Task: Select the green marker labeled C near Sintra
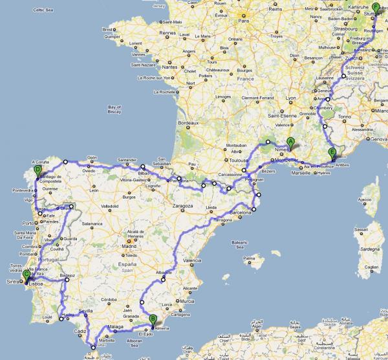coord(27,276)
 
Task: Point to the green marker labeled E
coord(332,153)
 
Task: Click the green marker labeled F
coord(376,8)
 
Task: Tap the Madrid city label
coord(131,246)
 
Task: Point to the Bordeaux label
coord(188,122)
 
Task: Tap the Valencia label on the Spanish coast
coord(193,260)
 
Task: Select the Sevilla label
coord(86,311)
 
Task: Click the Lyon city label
coord(291,98)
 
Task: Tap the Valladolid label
coord(111,207)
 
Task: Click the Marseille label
coord(301,173)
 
